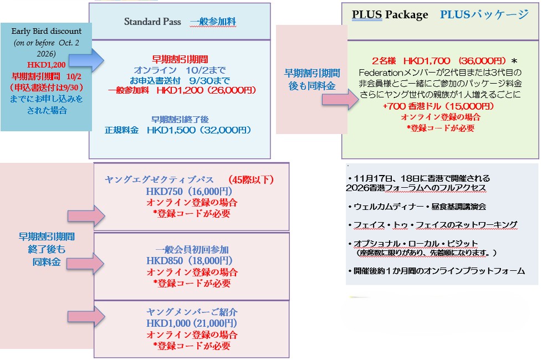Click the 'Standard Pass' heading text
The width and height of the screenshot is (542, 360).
[x=152, y=22]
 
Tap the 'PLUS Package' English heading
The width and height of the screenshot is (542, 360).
[x=390, y=15]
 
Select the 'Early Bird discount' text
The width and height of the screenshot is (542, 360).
[x=47, y=31]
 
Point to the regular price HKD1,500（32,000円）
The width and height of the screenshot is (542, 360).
[x=199, y=130]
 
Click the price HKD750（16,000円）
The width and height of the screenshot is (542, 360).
[x=189, y=192]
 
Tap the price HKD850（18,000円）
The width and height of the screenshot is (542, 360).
[x=190, y=261]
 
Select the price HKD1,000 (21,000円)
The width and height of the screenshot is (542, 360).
[x=192, y=323]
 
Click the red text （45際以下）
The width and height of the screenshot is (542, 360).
[x=250, y=179]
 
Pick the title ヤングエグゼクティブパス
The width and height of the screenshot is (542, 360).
[x=159, y=179]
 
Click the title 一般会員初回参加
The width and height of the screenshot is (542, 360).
[x=192, y=249]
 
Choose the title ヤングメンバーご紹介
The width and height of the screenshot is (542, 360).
[x=192, y=312]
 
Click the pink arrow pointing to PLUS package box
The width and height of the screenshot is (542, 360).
[x=340, y=100]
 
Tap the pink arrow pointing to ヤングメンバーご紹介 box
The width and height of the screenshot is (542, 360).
[x=86, y=316]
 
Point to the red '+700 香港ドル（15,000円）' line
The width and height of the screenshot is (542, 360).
[x=438, y=106]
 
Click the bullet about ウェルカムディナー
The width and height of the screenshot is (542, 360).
[x=417, y=207]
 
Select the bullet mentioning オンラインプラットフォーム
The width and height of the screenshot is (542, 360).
[x=437, y=271]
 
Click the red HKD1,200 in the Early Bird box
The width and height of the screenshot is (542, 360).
[x=47, y=65]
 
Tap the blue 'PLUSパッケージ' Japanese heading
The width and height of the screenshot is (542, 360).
[x=484, y=15]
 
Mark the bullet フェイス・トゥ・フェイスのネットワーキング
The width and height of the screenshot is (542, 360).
[x=433, y=225]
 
